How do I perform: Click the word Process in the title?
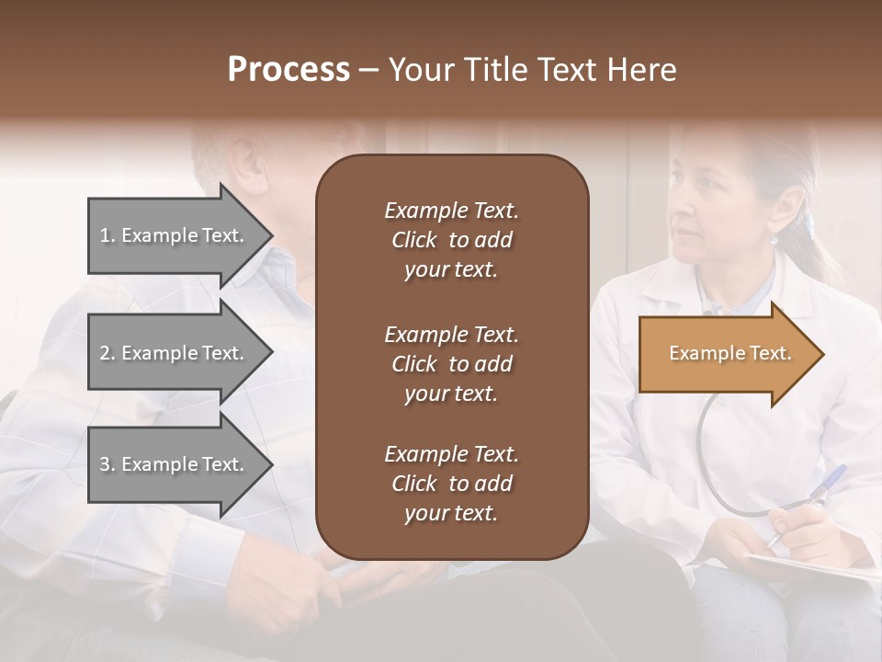(x=288, y=69)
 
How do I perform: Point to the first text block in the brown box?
(x=451, y=240)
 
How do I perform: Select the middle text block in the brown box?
(x=451, y=364)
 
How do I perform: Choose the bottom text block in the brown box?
(x=451, y=484)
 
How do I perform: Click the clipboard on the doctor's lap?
(x=808, y=566)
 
